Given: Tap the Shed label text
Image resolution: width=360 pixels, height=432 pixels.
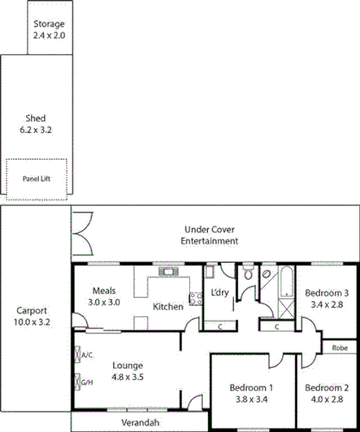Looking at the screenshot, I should click(35, 118).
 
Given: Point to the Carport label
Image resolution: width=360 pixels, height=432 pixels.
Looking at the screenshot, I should click(32, 310).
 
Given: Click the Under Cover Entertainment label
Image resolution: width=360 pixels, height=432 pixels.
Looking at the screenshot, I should click(209, 235).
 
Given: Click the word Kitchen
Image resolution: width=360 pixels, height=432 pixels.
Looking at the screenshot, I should click(167, 306).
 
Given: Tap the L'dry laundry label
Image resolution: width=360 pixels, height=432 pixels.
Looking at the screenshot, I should click(220, 293).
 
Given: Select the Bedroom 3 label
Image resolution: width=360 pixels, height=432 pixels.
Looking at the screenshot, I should click(327, 292).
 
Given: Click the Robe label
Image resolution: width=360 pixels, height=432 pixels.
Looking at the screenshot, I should click(339, 347).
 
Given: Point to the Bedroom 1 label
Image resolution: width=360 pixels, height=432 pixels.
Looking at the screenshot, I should click(252, 387).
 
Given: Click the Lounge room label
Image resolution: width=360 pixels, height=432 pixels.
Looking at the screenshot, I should click(127, 365).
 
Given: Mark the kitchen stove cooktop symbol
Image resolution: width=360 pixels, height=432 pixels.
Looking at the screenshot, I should click(183, 292).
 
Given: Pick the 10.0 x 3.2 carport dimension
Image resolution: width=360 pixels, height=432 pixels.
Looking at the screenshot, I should click(32, 321).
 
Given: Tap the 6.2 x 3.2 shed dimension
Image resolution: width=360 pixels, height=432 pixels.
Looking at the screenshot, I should click(35, 129).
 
